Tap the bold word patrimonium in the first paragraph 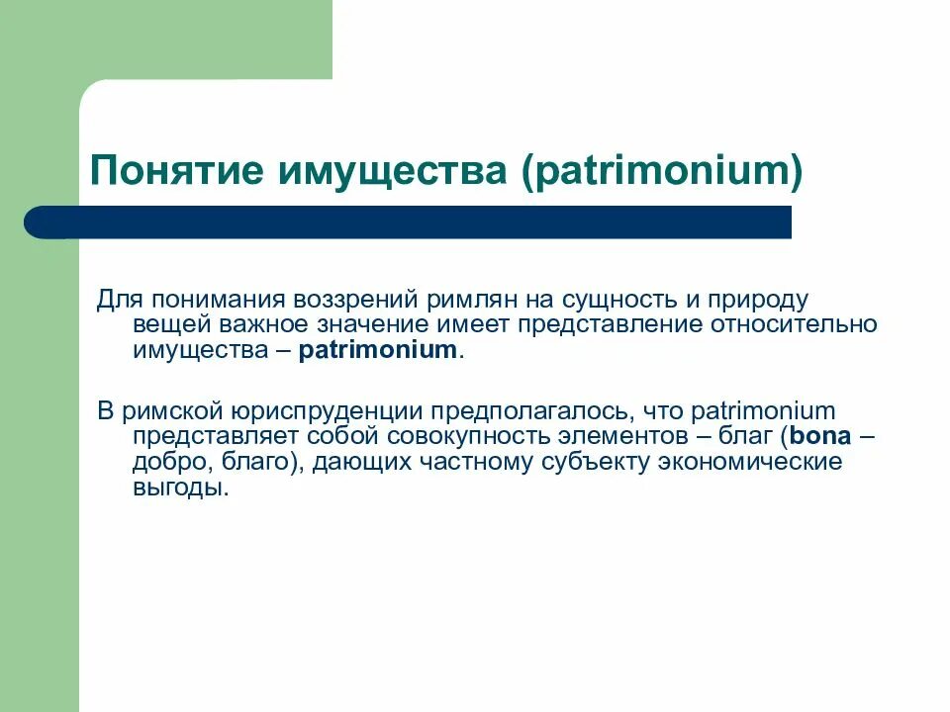click(x=379, y=350)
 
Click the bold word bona click(x=818, y=436)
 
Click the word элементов click(x=633, y=436)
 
